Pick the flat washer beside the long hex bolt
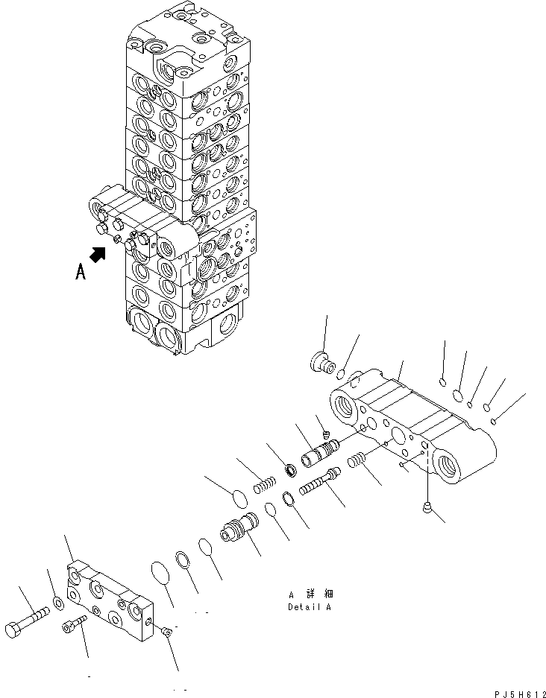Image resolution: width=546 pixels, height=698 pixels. [x=57, y=602]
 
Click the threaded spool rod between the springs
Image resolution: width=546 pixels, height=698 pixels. [x=318, y=482]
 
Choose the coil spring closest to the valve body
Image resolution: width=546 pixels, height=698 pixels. [x=360, y=460]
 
